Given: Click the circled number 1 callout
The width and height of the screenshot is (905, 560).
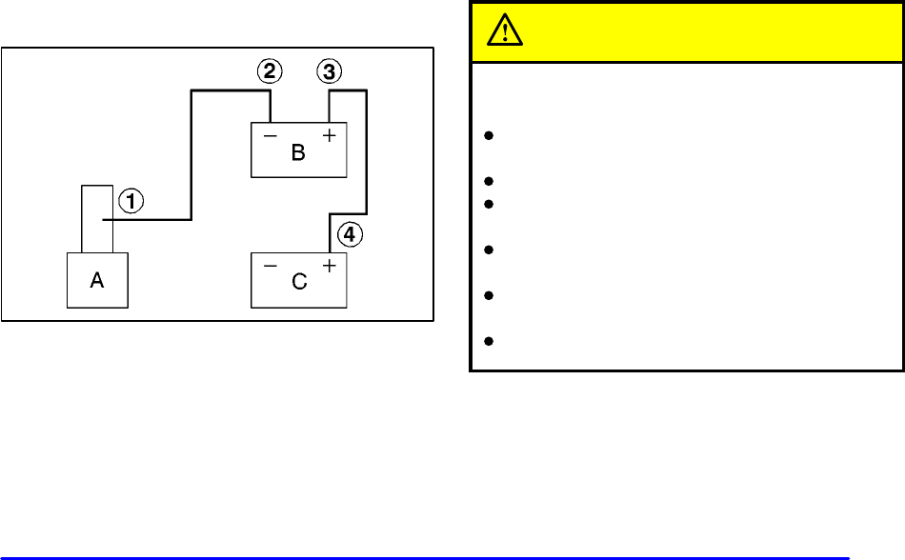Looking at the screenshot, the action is pos(131,201).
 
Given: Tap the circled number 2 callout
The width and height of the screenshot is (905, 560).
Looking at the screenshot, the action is pos(271,70).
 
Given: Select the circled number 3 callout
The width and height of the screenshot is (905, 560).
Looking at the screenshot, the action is pos(330,70).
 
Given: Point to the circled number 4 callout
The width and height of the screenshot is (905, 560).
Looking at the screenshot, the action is pos(352,234).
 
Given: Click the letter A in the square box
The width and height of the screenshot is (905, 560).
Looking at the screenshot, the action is pos(97,282).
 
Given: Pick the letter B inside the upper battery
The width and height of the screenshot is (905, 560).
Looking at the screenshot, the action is pos(298,153).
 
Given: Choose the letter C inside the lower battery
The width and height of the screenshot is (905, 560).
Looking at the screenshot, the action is pos(298,283).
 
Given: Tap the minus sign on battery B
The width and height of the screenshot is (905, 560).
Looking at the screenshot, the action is pos(270,136).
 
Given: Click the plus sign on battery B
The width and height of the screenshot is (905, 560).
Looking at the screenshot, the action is pos(329,136).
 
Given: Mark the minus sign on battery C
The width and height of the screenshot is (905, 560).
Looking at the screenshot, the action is pos(270,266).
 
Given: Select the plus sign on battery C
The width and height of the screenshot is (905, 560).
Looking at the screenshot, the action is pos(329,266).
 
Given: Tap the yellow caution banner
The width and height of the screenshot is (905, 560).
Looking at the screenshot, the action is pos(686,32).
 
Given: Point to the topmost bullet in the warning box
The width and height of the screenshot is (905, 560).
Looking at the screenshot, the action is pos(487,136).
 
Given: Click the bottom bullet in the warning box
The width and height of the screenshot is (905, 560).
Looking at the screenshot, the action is pos(487,340).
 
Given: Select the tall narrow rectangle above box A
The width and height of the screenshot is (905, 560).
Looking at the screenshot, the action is pos(97,219).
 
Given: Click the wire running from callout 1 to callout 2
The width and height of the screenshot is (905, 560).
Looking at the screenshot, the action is pos(193,152).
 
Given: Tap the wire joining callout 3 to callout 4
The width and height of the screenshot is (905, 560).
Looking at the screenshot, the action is pos(367,152).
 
